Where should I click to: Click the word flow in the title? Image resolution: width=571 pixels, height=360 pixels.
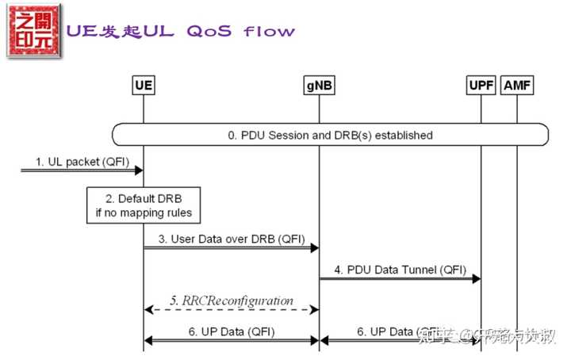[x=269, y=32]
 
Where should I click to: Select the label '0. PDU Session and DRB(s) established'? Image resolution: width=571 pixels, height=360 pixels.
[x=331, y=135]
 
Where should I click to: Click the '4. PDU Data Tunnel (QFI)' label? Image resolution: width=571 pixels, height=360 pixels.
[x=400, y=269]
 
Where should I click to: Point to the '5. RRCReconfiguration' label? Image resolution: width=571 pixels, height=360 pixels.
[x=231, y=301]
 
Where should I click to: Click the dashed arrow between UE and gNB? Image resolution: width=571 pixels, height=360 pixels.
[x=231, y=310]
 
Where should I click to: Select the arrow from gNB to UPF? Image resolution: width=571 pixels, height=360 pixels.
[x=400, y=278]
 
